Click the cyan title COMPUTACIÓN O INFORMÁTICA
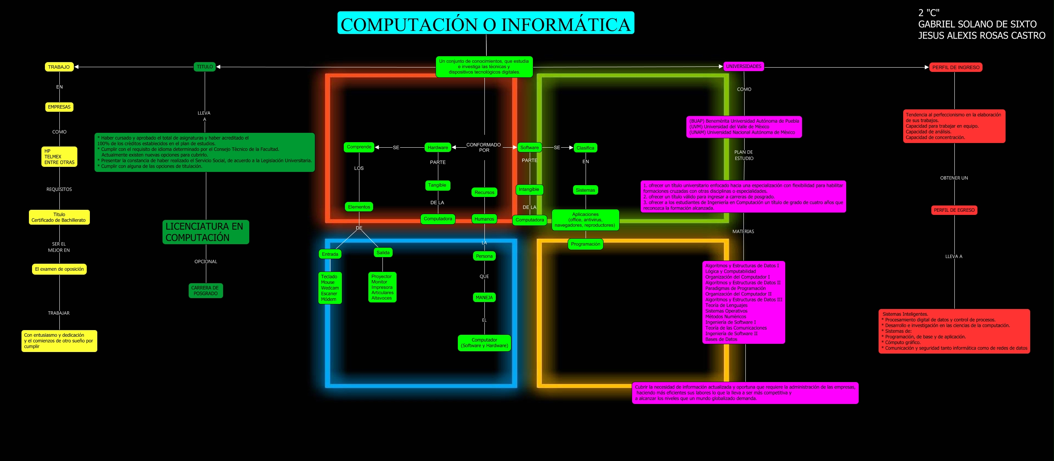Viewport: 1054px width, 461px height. [x=485, y=23]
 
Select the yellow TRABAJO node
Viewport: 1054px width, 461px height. [x=59, y=67]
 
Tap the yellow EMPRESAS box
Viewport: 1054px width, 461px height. [x=59, y=107]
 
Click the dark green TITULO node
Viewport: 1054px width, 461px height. [x=205, y=67]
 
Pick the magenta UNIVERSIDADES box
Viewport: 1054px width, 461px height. [x=743, y=66]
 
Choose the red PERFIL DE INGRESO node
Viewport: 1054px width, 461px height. [x=956, y=68]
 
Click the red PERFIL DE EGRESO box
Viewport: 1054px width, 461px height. [x=954, y=210]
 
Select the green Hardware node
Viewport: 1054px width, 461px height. [x=438, y=148]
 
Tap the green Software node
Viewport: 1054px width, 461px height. [x=529, y=148]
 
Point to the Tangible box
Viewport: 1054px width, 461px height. [x=437, y=185]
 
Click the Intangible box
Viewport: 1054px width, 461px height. [x=529, y=189]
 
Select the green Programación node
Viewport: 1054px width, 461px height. [x=585, y=244]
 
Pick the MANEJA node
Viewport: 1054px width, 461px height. [x=484, y=297]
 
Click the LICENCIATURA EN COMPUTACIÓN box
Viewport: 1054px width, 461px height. [x=205, y=232]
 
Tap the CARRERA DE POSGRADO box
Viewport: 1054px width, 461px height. [x=205, y=290]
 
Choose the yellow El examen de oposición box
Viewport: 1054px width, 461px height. [x=59, y=269]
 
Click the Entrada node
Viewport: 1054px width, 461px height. [x=330, y=254]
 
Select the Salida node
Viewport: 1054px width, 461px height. [x=382, y=253]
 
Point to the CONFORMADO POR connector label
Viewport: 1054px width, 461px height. [x=484, y=147]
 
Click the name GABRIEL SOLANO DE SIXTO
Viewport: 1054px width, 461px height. [x=977, y=25]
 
